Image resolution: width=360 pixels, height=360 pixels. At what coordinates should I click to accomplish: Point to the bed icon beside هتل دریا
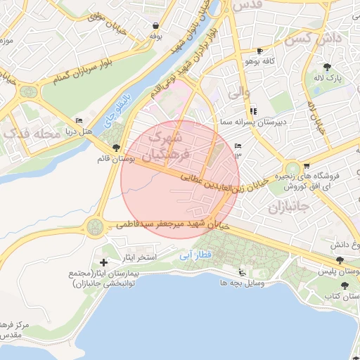[x=78, y=120]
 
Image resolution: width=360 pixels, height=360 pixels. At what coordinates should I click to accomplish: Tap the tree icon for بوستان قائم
[x=116, y=147]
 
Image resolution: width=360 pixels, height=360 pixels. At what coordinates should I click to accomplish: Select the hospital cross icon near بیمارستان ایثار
[x=104, y=262]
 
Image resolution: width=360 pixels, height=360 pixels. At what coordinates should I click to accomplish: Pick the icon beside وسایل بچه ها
[x=243, y=273]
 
